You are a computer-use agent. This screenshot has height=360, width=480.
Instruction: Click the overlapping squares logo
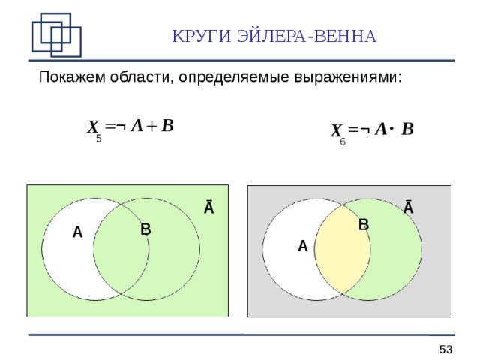click(55, 34)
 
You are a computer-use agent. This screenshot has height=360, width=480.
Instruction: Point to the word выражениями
click(355, 77)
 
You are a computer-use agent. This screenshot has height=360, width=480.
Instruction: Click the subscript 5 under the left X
click(98, 139)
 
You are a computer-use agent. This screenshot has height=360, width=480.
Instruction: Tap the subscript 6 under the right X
click(342, 142)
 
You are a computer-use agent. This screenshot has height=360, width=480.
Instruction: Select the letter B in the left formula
click(167, 126)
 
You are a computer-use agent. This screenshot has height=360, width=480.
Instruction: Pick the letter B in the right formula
click(407, 130)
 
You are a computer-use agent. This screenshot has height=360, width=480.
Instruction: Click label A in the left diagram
click(77, 233)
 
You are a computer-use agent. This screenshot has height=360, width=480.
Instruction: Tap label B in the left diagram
click(145, 229)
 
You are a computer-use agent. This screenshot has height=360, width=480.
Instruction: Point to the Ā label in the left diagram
click(209, 208)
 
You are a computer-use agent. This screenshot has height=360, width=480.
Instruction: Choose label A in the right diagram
click(302, 246)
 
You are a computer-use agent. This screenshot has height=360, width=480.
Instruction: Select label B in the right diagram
click(364, 224)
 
